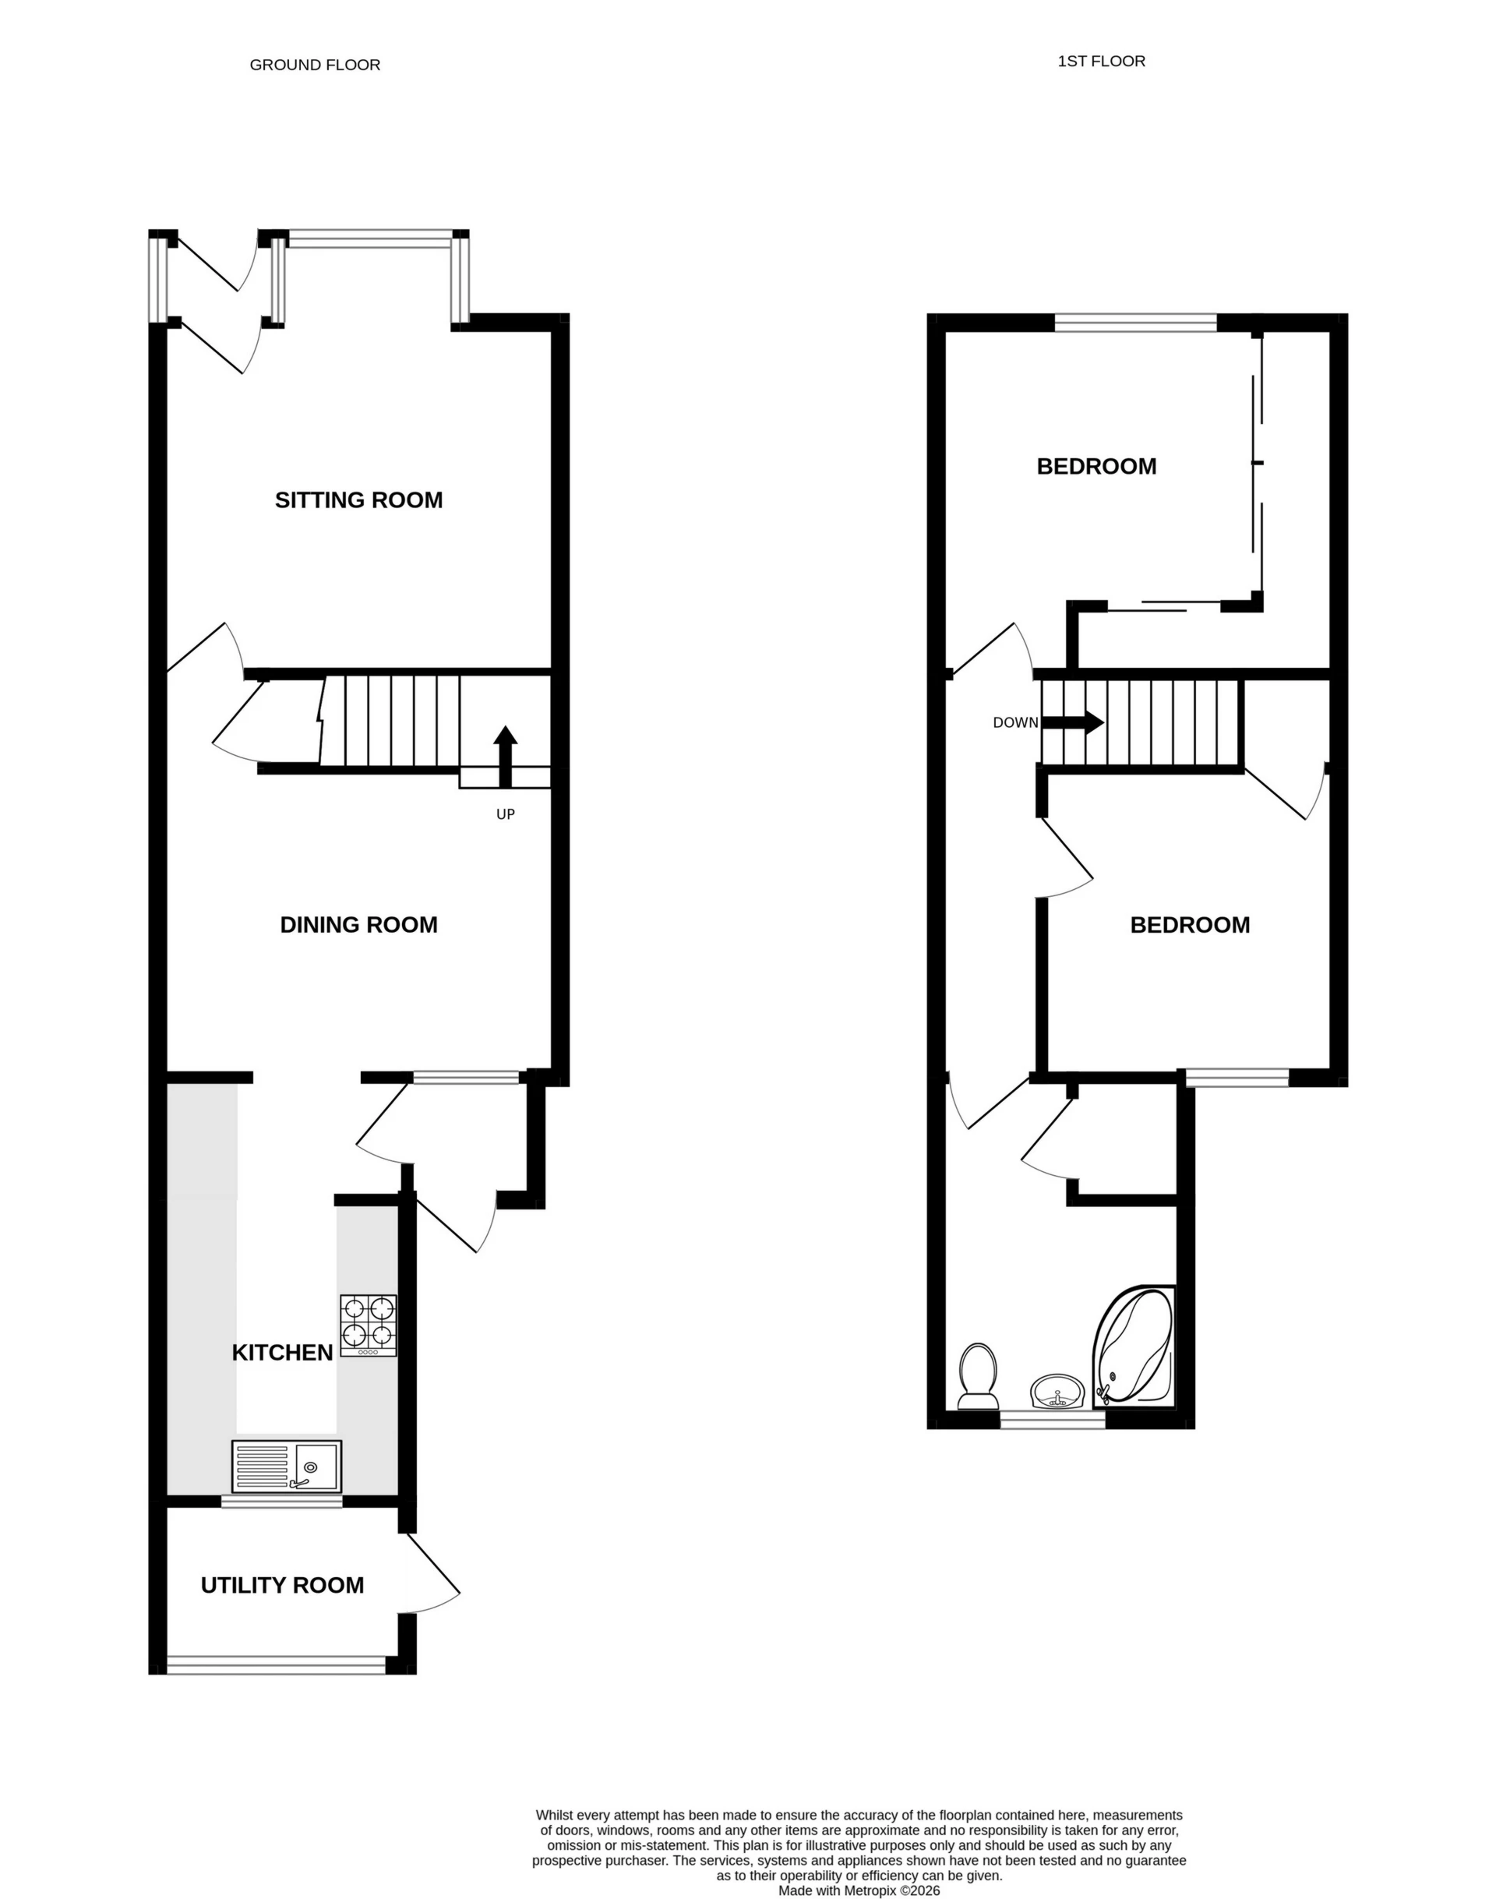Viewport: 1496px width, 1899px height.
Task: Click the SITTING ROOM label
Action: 358,500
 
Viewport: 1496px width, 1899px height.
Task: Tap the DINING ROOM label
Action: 358,925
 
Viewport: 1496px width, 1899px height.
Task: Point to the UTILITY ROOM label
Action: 282,1586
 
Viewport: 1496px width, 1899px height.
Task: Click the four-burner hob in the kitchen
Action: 368,1325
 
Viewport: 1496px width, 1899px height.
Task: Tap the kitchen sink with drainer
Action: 287,1467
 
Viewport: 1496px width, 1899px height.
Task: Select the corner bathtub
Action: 1134,1349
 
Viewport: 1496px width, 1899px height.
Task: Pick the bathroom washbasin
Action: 1057,1391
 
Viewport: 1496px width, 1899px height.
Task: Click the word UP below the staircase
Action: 506,814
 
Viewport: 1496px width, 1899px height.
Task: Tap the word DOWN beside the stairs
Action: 1015,722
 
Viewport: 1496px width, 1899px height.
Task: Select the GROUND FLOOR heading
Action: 315,65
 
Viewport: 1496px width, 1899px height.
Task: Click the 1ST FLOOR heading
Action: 1101,62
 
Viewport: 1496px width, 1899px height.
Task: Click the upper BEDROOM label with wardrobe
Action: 1096,467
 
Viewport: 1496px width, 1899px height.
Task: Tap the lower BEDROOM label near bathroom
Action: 1190,925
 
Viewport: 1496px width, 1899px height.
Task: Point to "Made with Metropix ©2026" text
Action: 859,1891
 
